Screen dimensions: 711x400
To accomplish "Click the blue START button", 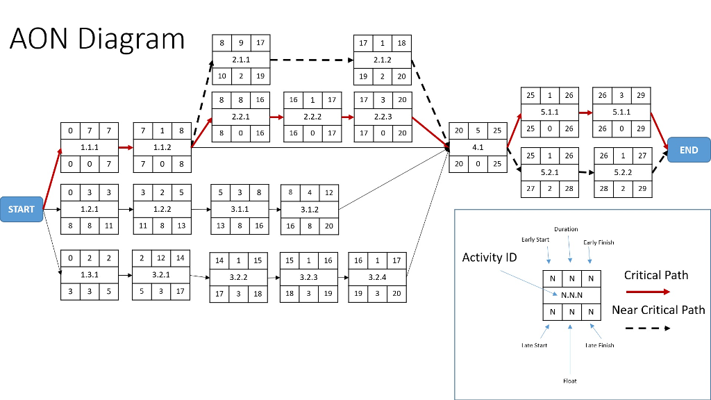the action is pos(22,208).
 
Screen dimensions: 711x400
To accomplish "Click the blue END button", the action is pos(689,150).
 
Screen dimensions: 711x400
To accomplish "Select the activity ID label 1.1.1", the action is pos(89,148).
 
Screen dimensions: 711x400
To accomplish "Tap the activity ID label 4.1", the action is pos(478,147).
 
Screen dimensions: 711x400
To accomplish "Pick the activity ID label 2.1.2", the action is pos(383,60).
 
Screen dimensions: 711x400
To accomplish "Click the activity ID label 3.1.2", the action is pos(309,208).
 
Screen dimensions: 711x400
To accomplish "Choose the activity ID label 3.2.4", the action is pos(377,277).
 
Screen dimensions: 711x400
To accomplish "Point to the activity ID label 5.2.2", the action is pos(622,172).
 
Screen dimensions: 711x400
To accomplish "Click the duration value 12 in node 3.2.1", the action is pos(161,258).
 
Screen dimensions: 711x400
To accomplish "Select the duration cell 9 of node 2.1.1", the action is pos(241,43).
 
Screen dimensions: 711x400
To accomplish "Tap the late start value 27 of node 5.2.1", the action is pos(530,188).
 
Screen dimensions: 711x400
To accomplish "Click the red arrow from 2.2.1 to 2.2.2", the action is pos(277,117).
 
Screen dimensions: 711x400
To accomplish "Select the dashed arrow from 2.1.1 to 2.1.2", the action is pos(312,60).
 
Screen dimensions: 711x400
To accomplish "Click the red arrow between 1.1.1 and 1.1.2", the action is pos(125,148).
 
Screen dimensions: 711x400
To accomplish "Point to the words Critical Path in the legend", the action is pos(656,275).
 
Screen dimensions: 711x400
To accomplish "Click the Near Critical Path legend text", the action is pos(658,310).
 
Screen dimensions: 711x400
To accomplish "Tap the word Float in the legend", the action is pos(569,381).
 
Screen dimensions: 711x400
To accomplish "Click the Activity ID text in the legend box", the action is pos(490,258).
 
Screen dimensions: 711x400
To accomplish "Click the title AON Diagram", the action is pos(97,39).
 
